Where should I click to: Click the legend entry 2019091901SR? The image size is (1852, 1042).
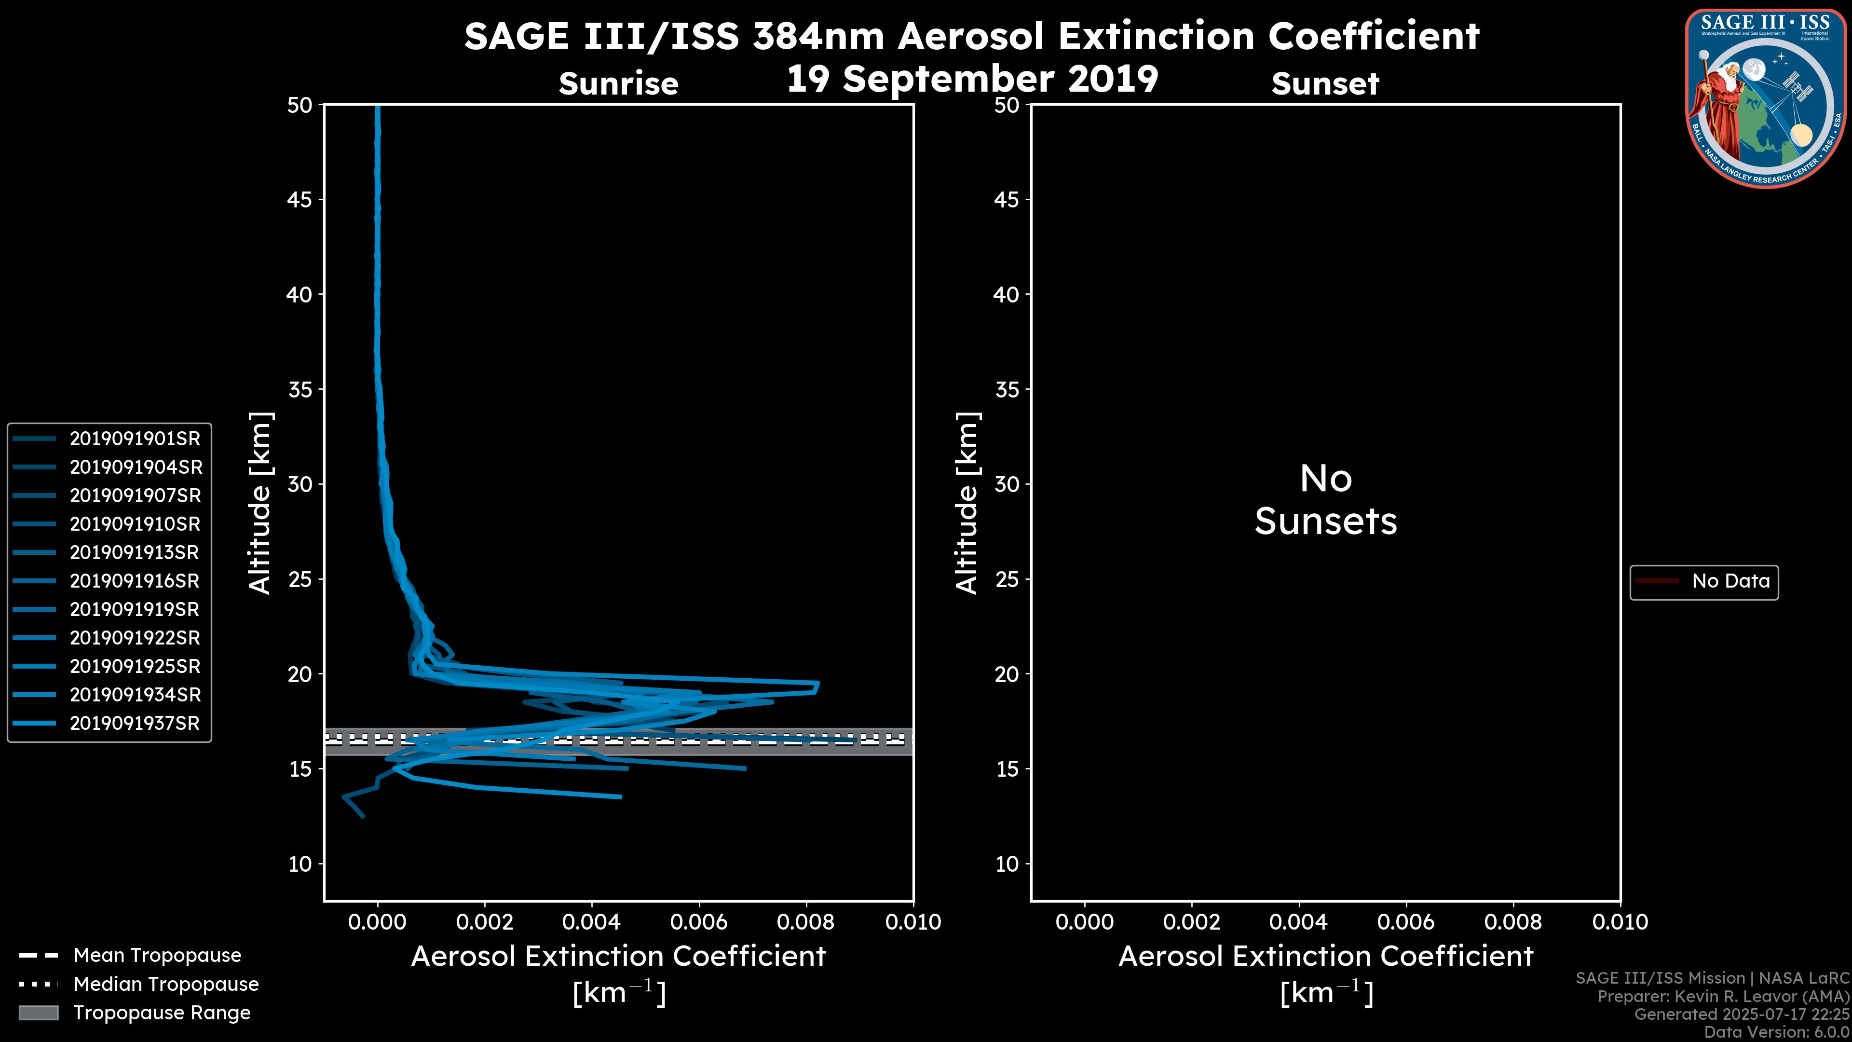(135, 439)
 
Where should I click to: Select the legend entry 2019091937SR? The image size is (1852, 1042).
(135, 724)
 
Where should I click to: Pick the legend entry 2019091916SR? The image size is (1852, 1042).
(135, 581)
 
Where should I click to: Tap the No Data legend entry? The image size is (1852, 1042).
(1730, 581)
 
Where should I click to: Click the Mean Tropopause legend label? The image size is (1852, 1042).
(157, 956)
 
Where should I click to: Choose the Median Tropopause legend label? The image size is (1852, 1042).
(166, 985)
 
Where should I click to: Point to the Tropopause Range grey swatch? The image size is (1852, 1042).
(39, 1013)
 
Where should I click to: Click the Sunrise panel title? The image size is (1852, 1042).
(618, 84)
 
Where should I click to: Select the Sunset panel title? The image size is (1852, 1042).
(1325, 84)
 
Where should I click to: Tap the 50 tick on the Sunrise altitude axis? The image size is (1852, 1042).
(300, 106)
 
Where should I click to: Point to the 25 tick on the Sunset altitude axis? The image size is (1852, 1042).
(1007, 579)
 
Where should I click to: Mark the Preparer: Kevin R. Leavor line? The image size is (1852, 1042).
(1723, 997)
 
